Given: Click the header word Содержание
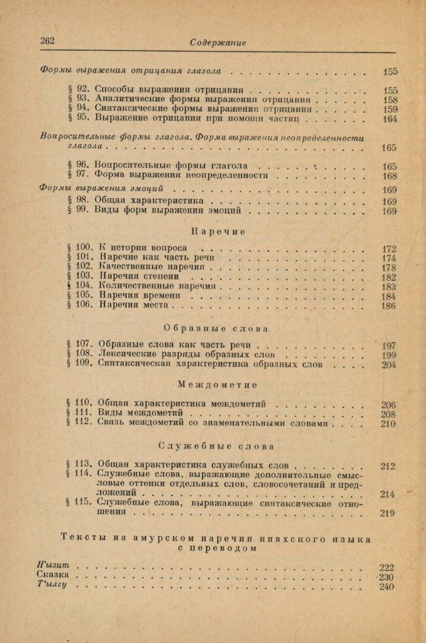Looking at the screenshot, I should coord(218,42).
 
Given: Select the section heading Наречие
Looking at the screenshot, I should coord(218,232).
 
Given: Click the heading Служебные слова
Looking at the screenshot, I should coord(216,446).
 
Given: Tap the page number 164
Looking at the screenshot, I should coord(389,119).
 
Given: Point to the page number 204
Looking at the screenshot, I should coord(388,364).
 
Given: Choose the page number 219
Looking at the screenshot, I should coord(388,514).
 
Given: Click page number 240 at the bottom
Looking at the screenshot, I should coord(387,587).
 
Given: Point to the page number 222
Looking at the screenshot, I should coord(387,568).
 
